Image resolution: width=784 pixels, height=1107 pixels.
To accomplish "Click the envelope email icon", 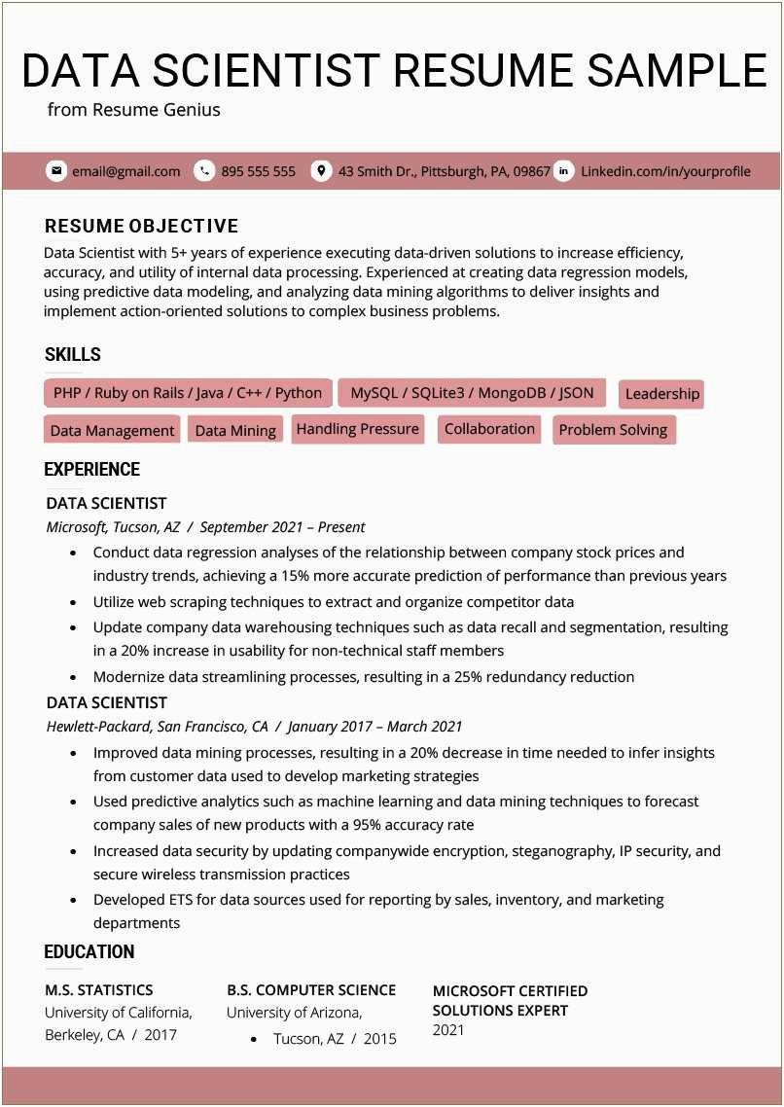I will pos(56,171).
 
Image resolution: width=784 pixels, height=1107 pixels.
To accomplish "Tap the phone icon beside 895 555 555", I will pos(204,171).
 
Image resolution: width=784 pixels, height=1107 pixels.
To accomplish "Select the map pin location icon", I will pos(321,171).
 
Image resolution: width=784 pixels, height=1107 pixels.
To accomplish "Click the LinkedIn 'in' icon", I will pos(564,171).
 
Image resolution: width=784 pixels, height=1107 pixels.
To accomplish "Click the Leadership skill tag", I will pos(661,394).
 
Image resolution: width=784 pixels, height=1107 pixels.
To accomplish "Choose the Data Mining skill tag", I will pos(235,430).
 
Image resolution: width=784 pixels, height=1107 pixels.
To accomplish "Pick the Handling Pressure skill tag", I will pos(357,429).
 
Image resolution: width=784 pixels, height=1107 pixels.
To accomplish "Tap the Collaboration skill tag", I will pos(489,429).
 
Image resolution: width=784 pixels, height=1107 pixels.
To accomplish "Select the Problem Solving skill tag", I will pos(613,430).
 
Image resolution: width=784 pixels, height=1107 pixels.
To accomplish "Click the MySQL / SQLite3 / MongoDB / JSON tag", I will pos(472,393).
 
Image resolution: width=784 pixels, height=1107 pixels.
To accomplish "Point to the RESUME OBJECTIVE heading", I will pos(141,227).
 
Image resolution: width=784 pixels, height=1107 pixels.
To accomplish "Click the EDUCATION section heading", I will pos(89,952).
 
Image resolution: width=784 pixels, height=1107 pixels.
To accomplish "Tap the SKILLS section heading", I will pos(73,355).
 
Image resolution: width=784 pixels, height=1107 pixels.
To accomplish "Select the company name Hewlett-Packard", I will pos(98,727).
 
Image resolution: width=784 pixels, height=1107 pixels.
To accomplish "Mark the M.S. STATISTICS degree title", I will pos(99,990).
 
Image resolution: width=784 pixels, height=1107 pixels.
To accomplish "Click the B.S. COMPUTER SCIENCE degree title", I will pos(311,990).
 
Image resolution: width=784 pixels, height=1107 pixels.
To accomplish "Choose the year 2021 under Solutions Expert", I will pos(448,1030).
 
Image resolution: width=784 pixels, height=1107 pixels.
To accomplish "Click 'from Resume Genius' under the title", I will pos(134,110).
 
